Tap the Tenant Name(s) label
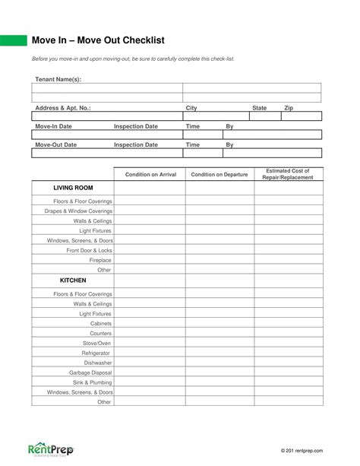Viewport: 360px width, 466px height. pos(58,79)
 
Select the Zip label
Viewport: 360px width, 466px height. pos(289,108)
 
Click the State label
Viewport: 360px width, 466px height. pos(259,108)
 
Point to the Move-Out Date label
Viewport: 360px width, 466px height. pos(56,144)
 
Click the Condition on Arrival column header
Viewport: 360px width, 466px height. pos(150,175)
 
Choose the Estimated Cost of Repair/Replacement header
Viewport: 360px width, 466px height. pos(288,174)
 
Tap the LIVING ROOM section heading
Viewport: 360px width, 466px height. pos(73,188)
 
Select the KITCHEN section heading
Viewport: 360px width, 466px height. pos(73,280)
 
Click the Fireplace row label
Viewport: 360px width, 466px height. pos(100,260)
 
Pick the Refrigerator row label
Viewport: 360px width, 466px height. pos(96,353)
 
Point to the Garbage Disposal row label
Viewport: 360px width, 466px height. pos(90,372)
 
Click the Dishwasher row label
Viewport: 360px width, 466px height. pos(97,363)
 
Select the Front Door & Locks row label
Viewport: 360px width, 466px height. pos(89,250)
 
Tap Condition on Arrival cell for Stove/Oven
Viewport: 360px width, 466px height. pos(150,343)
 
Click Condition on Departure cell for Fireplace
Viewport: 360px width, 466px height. pos(219,260)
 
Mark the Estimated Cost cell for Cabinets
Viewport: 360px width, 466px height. pos(288,323)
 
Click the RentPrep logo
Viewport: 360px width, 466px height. pos(50,450)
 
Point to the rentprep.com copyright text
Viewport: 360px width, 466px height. pos(301,451)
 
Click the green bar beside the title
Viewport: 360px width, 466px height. pos(12,40)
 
